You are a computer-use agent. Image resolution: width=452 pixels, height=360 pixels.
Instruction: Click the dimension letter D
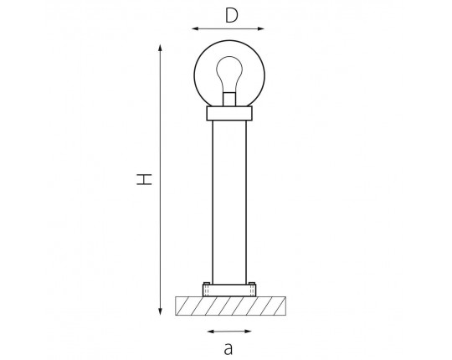232,15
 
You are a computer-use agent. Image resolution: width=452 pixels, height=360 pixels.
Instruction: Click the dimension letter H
144,179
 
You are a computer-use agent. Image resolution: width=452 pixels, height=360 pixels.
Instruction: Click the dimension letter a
228,348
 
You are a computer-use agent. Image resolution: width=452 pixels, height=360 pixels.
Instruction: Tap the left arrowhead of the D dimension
195,28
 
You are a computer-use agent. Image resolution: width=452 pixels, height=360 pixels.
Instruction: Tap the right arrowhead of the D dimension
260,28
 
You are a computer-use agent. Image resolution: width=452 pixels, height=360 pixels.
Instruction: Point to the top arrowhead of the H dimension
160,48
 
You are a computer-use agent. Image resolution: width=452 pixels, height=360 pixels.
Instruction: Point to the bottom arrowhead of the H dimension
160,311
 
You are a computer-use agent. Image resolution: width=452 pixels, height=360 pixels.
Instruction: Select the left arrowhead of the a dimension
211,332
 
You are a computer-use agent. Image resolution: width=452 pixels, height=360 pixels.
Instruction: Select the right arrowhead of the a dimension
248,332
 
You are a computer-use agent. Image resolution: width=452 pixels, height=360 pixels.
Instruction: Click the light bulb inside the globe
229,75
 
